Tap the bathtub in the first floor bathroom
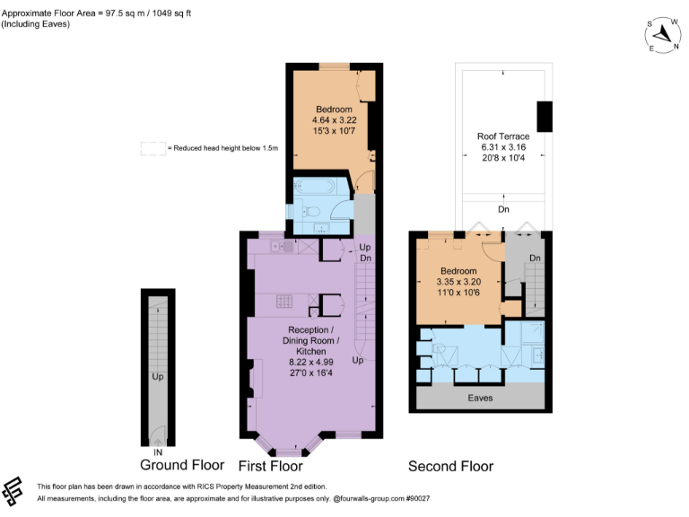point(314,188)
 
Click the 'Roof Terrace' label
point(503,136)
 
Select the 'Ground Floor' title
point(182,465)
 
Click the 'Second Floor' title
point(450,466)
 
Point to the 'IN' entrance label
point(158,452)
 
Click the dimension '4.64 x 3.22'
point(333,120)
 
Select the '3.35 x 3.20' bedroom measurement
point(458,281)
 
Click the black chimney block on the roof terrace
point(544,116)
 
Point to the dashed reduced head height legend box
point(153,148)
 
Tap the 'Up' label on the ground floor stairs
point(157,376)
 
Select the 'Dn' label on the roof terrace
point(503,209)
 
